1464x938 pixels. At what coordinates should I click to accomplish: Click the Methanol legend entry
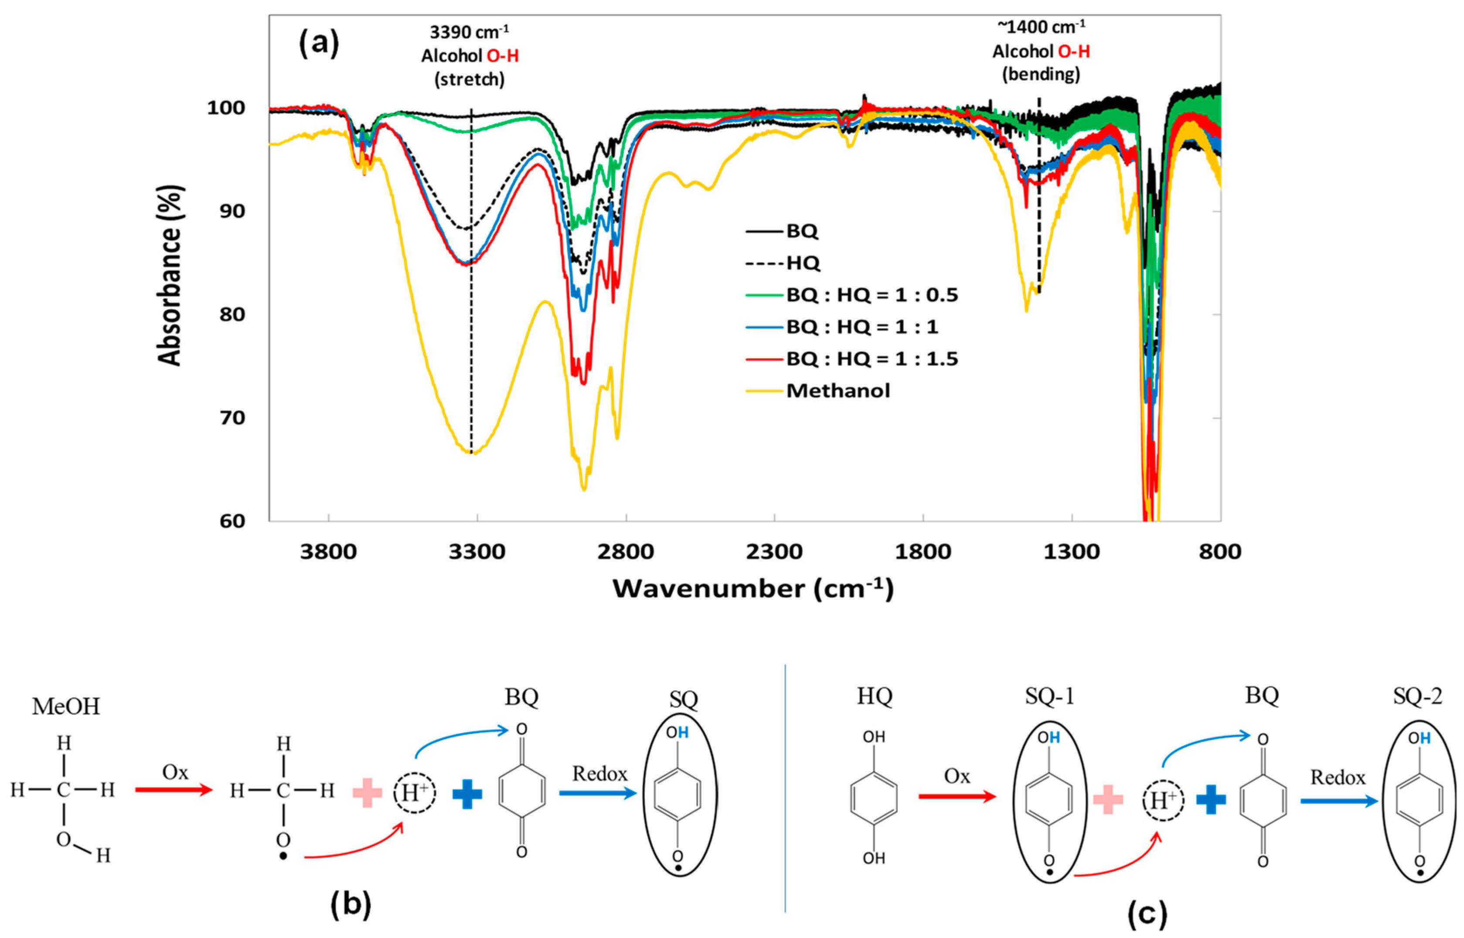click(x=838, y=390)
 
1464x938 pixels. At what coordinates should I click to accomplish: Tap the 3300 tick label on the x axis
click(x=477, y=552)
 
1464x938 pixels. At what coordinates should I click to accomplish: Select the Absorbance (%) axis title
click(x=170, y=275)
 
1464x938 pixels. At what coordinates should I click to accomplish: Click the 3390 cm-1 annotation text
click(x=469, y=32)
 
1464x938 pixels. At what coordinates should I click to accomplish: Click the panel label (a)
click(x=319, y=43)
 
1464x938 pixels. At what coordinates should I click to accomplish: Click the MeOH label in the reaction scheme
click(x=66, y=706)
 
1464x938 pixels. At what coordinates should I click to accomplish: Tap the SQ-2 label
click(x=1417, y=696)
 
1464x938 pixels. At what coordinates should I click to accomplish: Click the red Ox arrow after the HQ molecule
click(x=956, y=796)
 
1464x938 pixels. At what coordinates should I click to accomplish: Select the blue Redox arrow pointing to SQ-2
click(x=1338, y=800)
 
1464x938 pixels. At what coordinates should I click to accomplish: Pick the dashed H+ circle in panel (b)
click(x=414, y=792)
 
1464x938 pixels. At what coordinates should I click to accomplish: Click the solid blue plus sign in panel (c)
click(x=1211, y=800)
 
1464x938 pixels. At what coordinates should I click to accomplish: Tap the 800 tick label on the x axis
click(x=1220, y=552)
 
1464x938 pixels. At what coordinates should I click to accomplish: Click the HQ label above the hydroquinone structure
click(x=875, y=696)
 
